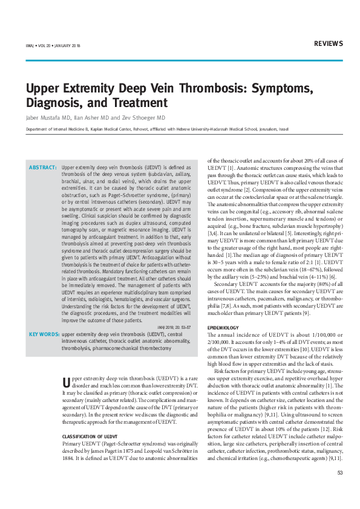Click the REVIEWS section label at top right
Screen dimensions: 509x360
[x=329, y=44]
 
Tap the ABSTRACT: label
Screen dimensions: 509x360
[x=43, y=166]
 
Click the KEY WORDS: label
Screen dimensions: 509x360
[x=44, y=334]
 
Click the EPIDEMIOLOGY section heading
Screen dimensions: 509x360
[x=223, y=327]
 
